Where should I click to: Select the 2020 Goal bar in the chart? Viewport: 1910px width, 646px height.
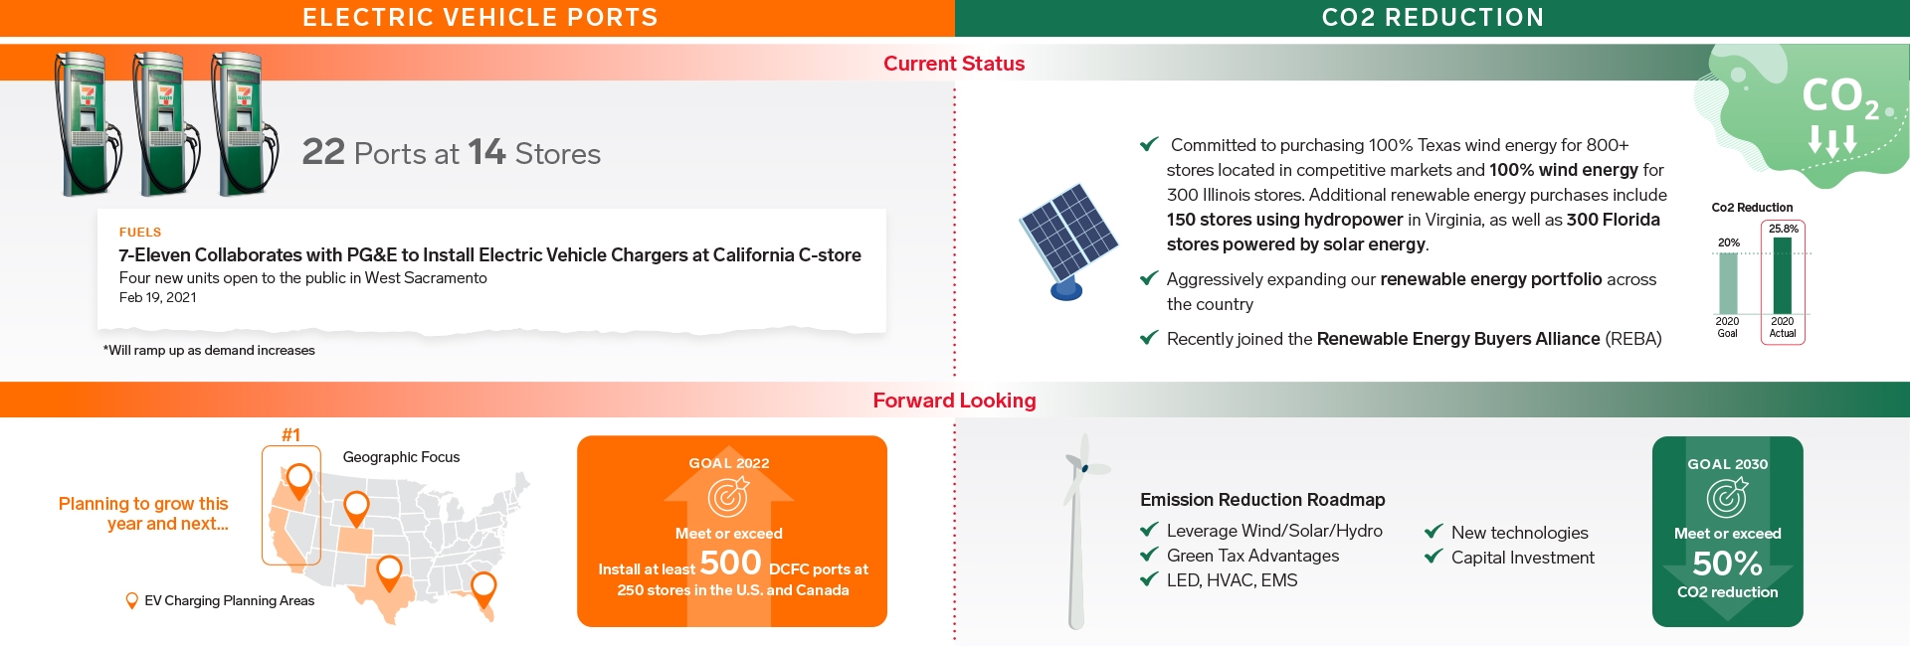[x=1728, y=283]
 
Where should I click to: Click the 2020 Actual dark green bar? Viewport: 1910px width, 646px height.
[x=1783, y=275]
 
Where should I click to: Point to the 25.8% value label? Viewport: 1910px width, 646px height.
[x=1783, y=229]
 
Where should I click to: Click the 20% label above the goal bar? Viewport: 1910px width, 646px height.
[x=1729, y=242]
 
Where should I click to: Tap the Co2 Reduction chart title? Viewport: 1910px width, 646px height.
[x=1752, y=208]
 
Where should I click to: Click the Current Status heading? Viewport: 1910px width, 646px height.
[x=954, y=64]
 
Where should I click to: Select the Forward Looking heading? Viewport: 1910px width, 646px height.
[x=954, y=401]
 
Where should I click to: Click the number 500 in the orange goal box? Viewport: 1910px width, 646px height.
[x=730, y=563]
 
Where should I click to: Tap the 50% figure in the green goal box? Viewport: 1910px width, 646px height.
[x=1728, y=564]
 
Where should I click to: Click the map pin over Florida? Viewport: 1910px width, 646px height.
[x=483, y=589]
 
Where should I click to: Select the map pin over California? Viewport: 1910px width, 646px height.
[x=298, y=481]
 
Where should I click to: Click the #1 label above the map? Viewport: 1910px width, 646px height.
[x=290, y=434]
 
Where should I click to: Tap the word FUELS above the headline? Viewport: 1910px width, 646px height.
[x=140, y=233]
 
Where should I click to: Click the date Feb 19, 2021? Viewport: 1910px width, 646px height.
[x=158, y=297]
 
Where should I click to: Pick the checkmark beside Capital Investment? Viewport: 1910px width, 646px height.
[x=1433, y=557]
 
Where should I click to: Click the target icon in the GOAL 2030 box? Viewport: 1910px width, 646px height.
[x=1727, y=497]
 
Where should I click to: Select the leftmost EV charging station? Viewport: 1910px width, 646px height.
[x=88, y=123]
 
